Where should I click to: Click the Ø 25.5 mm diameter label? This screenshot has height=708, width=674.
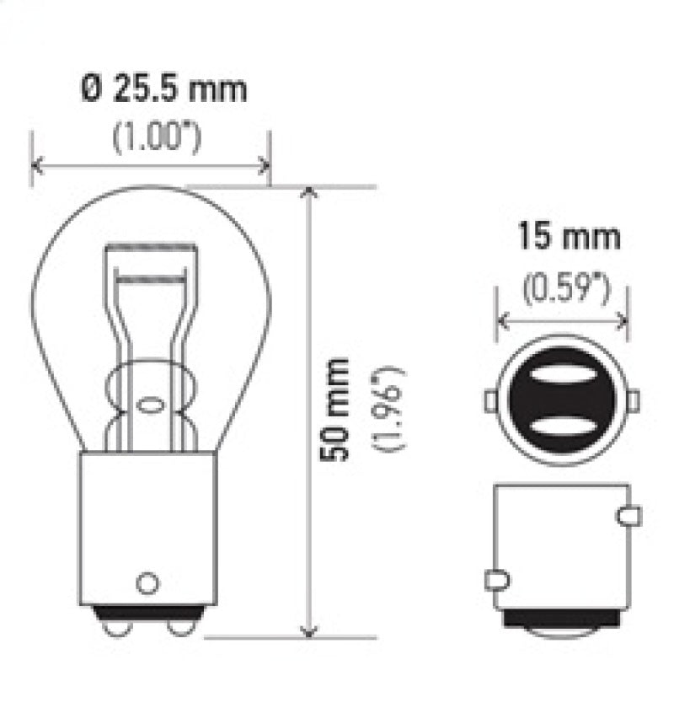pyautogui.click(x=165, y=88)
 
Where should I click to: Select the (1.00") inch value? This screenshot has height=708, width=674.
pyautogui.click(x=157, y=137)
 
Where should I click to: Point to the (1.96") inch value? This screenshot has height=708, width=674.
pyautogui.click(x=391, y=408)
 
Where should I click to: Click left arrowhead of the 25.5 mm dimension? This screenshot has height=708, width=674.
pyautogui.click(x=35, y=164)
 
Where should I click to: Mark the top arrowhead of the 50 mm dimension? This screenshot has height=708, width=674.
pyautogui.click(x=310, y=193)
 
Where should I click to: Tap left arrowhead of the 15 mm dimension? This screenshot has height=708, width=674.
pyautogui.click(x=501, y=320)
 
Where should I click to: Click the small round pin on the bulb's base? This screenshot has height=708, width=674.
pyautogui.click(x=147, y=582)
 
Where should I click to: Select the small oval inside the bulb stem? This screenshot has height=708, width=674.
pyautogui.click(x=150, y=405)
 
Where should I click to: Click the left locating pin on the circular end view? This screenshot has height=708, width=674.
pyautogui.click(x=489, y=400)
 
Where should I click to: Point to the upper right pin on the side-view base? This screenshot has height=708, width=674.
pyautogui.click(x=629, y=516)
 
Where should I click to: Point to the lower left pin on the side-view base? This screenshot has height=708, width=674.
pyautogui.click(x=496, y=580)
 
